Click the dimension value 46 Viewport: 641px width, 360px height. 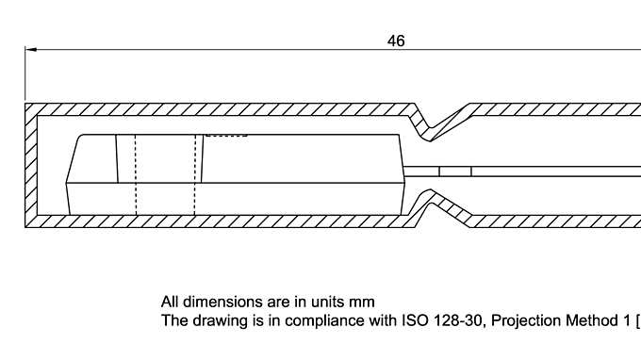coord(396,41)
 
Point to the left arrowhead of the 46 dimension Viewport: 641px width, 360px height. coord(30,49)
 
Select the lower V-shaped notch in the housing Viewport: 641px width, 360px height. coord(430,205)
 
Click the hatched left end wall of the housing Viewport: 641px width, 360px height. coord(31,165)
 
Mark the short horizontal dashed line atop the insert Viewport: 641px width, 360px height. coord(226,136)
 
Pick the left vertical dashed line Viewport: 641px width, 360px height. coord(136,174)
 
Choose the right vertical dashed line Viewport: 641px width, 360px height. coord(196,174)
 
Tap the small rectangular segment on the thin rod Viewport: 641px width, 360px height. coord(455,171)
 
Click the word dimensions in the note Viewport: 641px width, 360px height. coord(219,303)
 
